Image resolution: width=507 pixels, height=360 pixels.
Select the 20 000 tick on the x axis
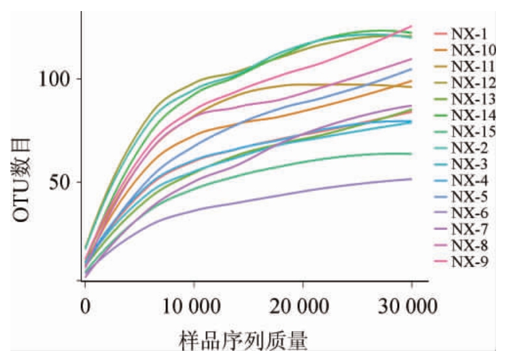(303, 305)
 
